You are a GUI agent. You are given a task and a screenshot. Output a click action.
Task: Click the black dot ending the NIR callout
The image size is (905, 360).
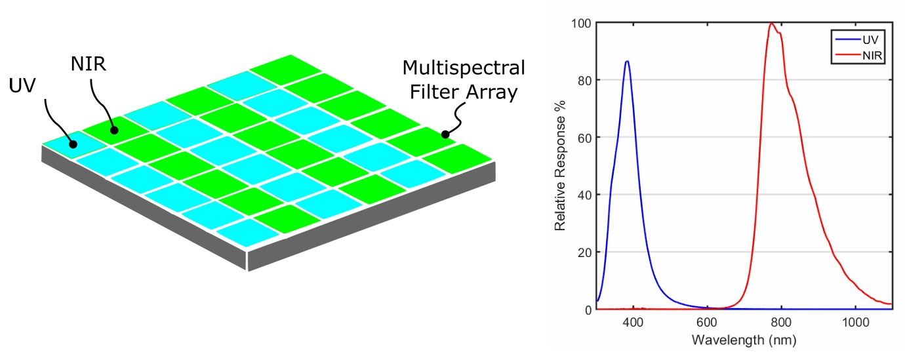click(x=113, y=130)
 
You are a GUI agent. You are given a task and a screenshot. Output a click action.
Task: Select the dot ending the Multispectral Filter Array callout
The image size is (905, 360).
click(x=445, y=134)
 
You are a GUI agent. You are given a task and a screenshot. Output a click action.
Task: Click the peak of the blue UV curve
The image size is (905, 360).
click(x=628, y=61)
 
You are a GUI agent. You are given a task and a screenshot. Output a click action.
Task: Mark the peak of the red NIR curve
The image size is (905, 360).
click(x=771, y=24)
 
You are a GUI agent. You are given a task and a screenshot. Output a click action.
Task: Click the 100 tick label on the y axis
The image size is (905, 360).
click(x=580, y=23)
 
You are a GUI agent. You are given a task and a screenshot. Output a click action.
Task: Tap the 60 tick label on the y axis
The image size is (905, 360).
click(x=583, y=138)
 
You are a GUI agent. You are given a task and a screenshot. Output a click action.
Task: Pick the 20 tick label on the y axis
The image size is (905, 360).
click(x=583, y=252)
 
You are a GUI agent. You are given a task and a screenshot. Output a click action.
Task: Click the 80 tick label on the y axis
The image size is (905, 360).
click(x=583, y=80)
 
